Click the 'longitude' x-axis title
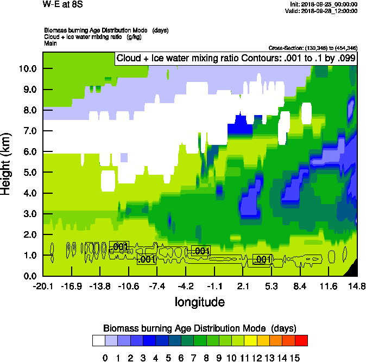[x=200, y=301]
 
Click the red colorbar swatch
[x=301, y=341]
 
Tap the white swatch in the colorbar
[x=99, y=341]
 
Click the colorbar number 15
[x=294, y=358]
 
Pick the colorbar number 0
[x=105, y=358]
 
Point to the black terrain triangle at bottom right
[x=352, y=269]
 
